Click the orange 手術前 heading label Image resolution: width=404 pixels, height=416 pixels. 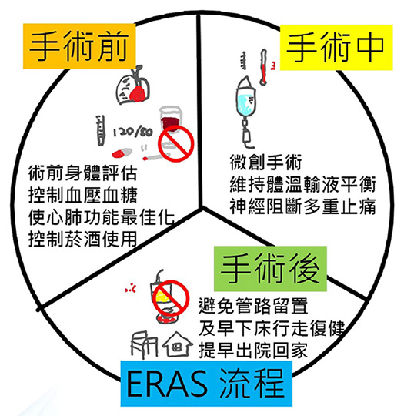[x=79, y=46]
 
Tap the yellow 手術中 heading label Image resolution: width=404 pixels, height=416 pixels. [x=336, y=48]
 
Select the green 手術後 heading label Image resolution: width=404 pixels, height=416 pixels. [x=270, y=269]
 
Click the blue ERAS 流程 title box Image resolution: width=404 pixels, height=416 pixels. [x=206, y=384]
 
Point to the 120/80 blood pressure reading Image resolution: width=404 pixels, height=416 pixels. [x=133, y=132]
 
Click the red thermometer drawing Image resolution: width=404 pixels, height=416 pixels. [x=263, y=67]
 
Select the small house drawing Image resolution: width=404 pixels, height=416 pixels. [x=177, y=344]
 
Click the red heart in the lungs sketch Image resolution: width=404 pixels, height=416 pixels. [x=138, y=93]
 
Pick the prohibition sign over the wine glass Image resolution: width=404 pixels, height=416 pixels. [x=176, y=143]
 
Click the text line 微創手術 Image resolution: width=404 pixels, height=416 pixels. [x=265, y=162]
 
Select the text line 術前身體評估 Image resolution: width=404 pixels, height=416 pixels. [x=82, y=173]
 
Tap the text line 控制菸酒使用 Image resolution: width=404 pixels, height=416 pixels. [x=82, y=239]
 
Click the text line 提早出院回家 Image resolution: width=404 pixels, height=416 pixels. [x=253, y=350]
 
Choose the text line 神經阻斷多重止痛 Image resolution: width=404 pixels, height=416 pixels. [x=302, y=206]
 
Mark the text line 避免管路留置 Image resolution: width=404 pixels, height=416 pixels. [x=253, y=306]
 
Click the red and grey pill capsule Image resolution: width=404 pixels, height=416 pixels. [x=122, y=153]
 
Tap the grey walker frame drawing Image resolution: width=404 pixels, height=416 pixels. [x=144, y=345]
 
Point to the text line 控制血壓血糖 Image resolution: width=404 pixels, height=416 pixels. [x=82, y=195]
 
